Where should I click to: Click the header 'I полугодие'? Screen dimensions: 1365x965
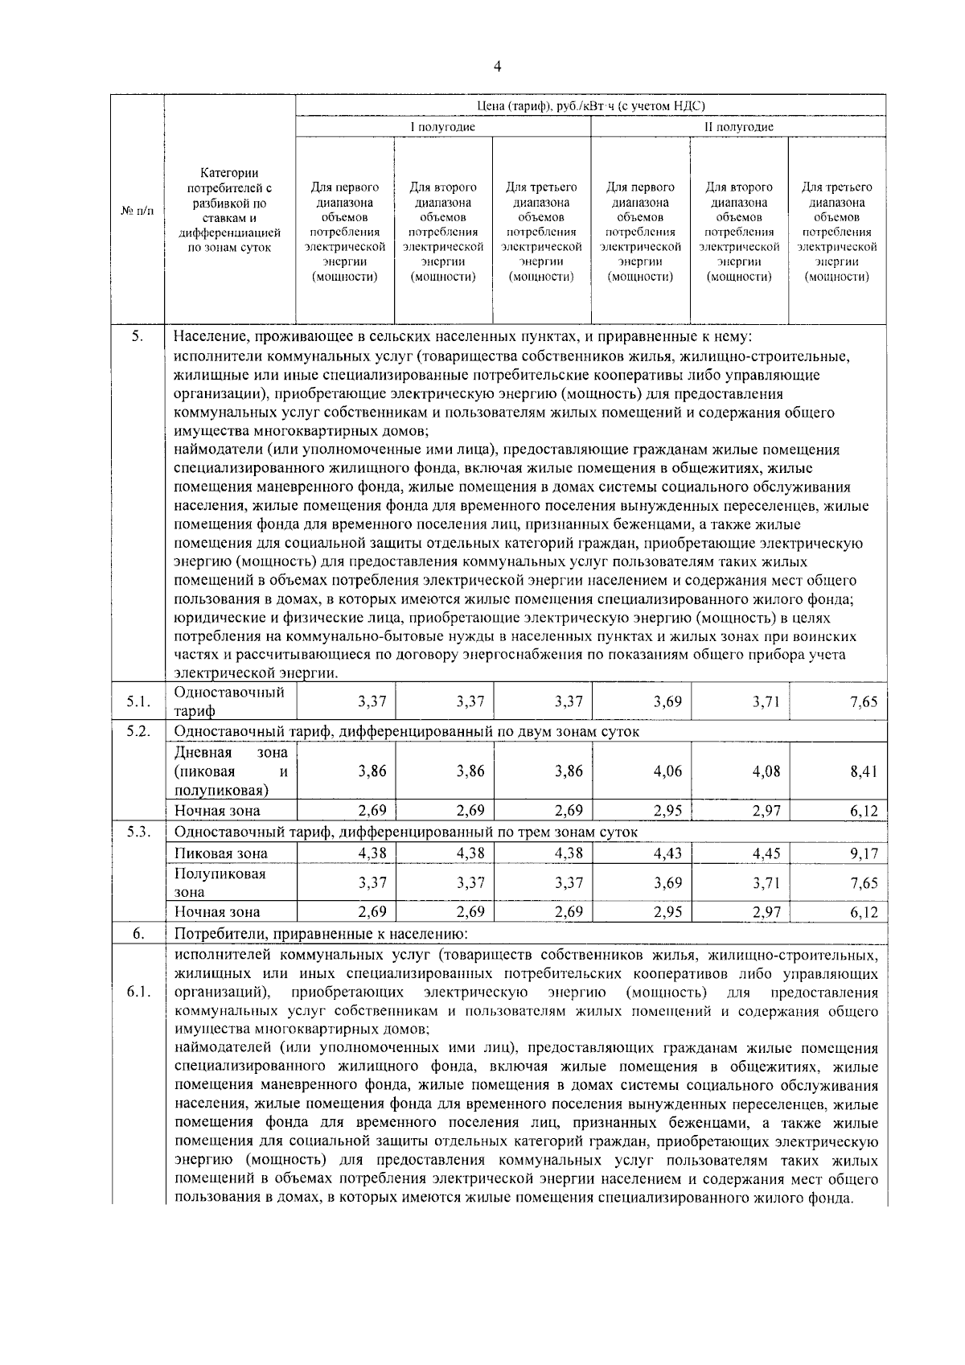[443, 127]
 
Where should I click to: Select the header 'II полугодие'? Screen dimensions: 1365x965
[738, 127]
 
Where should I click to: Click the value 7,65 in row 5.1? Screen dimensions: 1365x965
[863, 702]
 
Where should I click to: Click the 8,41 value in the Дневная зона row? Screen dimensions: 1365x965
[863, 771]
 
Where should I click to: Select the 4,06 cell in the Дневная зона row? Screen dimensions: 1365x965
[667, 771]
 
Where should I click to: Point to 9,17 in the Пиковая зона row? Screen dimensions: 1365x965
[863, 853]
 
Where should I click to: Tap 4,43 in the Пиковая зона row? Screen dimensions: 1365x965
[667, 853]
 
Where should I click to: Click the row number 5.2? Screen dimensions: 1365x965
[138, 730]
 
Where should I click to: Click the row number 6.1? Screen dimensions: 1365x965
[138, 992]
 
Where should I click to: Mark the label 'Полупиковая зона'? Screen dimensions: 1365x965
[220, 882]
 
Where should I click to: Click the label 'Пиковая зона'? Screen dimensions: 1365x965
[220, 853]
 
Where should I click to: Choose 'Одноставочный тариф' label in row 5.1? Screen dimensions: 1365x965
[229, 701]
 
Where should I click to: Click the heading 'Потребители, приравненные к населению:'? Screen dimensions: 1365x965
[320, 934]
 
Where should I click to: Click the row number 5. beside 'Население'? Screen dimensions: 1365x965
[138, 336]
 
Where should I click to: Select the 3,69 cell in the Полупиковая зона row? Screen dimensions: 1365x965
[667, 882]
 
